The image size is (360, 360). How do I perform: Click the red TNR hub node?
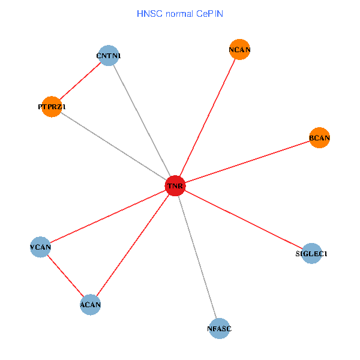pos(175,186)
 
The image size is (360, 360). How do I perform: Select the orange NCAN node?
pos(239,50)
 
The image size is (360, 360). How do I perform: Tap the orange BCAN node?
pos(319,138)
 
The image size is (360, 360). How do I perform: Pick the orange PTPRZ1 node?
pos(52,107)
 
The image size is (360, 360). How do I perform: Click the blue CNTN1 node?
pos(108,56)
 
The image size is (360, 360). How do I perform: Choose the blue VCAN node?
pos(40,247)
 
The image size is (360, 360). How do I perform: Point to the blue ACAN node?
pos(90,305)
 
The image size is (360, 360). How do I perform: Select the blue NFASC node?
pos(220,328)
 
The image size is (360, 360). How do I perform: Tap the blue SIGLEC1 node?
pos(311,253)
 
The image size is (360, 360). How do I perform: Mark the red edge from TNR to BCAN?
pos(247,162)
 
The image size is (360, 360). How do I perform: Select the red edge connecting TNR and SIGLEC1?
pos(243,220)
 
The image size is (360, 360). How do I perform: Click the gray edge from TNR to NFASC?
pos(197,257)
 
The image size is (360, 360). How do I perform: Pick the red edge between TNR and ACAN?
pos(132,245)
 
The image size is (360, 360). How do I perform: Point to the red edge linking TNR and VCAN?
pos(107,217)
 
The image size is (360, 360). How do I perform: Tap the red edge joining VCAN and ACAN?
pos(65,275)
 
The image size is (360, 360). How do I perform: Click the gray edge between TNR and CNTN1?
pos(141,121)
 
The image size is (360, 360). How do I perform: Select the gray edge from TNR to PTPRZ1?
pos(113,146)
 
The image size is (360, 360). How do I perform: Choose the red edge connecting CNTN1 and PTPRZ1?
pos(80,82)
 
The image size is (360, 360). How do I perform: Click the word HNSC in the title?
pos(147,13)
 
